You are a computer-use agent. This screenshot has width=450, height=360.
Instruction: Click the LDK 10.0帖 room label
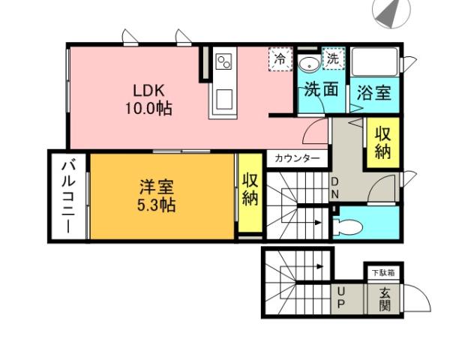click(x=148, y=98)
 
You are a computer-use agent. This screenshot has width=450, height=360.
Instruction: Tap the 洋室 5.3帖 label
click(x=156, y=195)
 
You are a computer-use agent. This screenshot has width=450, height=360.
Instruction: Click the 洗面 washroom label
click(x=321, y=90)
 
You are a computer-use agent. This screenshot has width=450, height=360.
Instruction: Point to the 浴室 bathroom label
click(x=373, y=93)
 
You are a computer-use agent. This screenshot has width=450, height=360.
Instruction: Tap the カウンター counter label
click(x=297, y=158)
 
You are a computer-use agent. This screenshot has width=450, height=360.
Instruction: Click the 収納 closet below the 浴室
click(x=382, y=142)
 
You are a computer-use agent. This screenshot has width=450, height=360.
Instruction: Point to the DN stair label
click(x=334, y=189)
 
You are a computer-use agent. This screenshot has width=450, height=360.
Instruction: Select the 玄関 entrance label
click(x=385, y=299)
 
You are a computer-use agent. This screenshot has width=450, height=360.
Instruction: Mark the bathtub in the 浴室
click(x=374, y=61)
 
